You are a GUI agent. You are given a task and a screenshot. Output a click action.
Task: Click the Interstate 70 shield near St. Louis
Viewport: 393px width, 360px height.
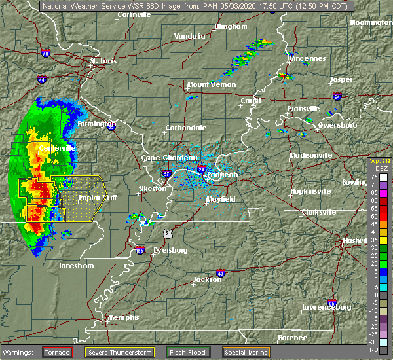[45, 54]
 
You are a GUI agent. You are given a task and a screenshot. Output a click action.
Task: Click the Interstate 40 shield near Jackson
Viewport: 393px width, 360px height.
[220, 273]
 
